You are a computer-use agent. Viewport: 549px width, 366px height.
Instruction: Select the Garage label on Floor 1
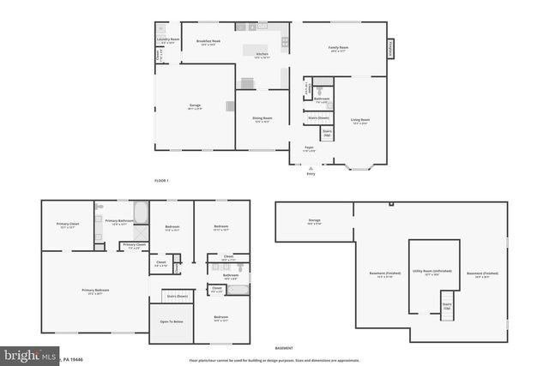195,106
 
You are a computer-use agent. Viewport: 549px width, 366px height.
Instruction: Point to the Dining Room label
262,119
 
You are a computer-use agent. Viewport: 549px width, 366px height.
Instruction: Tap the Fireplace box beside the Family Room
390,50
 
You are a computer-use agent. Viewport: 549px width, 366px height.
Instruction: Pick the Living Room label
360,120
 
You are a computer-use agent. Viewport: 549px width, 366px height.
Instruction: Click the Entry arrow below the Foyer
311,168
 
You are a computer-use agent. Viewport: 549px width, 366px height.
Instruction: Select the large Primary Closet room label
68,225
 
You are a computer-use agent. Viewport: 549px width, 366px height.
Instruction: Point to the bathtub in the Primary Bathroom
142,212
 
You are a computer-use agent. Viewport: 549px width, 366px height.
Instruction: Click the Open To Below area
171,321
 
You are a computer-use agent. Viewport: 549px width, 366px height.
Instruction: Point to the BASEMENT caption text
283,347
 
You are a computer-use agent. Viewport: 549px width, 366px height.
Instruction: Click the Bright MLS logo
30,354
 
